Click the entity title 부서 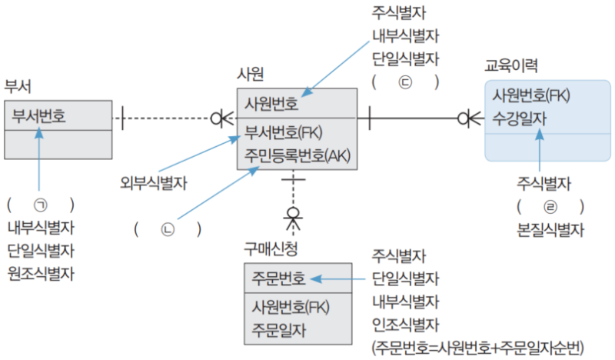point(18,84)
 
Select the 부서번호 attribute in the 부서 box point(38,117)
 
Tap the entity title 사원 point(251,74)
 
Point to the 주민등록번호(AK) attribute point(298,155)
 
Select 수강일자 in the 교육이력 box point(520,118)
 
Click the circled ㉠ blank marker point(40,205)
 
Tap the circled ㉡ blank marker point(168,229)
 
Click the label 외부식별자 point(154,183)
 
